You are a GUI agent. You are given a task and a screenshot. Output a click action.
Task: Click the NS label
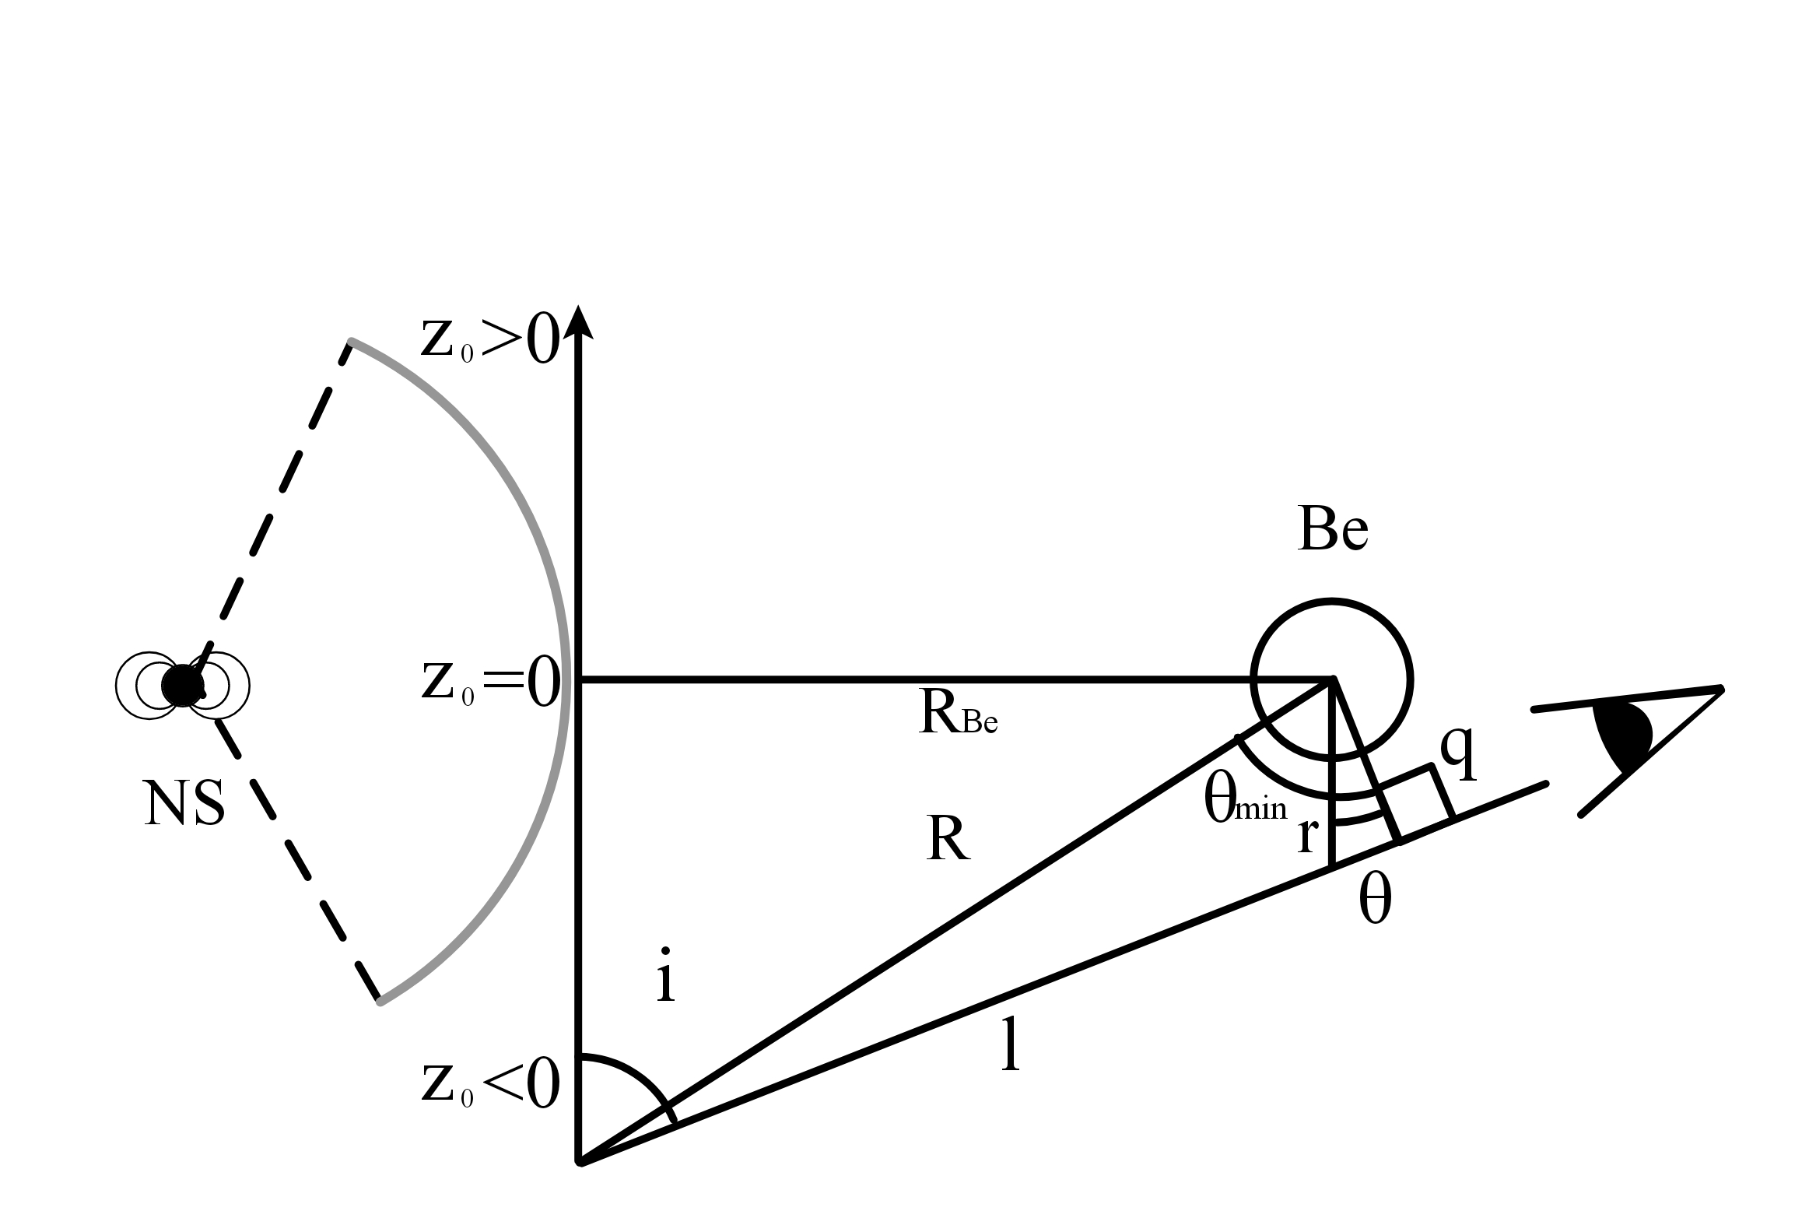184,804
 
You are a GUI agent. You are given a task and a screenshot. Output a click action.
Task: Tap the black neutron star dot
182,686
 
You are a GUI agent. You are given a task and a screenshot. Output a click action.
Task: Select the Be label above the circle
1332,530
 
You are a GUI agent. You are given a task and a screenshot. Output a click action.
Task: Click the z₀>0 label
490,339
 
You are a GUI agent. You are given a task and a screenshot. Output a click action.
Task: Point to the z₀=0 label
490,680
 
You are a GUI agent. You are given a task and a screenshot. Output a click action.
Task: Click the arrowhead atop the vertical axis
577,321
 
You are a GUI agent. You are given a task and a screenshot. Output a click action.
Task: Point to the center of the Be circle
1332,679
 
